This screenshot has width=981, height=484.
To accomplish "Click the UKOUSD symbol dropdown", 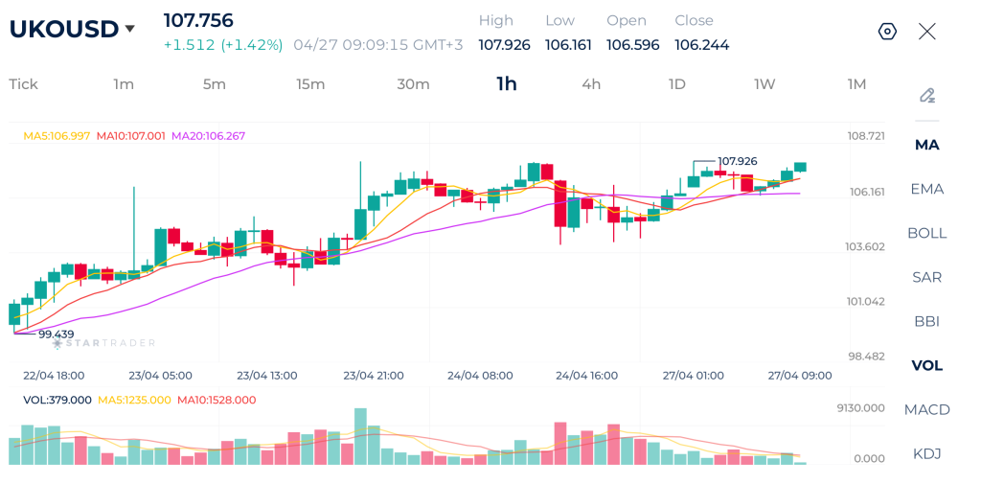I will click(72, 30).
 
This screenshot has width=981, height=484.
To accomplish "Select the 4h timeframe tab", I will click(591, 84).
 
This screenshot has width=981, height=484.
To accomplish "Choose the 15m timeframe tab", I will click(310, 84).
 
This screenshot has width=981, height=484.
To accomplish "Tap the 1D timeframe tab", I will click(676, 84).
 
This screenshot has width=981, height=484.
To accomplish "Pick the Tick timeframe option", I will click(23, 84).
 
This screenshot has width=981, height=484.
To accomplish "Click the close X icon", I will click(926, 32).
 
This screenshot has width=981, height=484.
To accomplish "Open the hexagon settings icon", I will click(887, 32).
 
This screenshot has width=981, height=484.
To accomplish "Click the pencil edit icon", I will click(926, 95).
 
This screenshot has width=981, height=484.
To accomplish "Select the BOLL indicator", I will click(926, 233).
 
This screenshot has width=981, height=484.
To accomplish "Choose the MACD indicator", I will click(926, 409).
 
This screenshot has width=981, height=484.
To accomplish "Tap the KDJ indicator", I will click(926, 453).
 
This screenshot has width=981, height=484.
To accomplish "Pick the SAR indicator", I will click(926, 277).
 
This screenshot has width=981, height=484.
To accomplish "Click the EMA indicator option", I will click(926, 189).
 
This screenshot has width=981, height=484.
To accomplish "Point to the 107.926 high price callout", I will click(737, 161).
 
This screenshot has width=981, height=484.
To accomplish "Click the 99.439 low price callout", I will click(56, 334).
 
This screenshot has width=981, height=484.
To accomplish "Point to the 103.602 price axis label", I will click(865, 246).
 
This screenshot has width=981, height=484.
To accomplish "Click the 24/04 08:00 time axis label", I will click(480, 376).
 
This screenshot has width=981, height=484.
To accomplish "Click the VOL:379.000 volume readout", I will click(57, 400).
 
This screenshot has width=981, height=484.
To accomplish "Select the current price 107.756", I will click(198, 20).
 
